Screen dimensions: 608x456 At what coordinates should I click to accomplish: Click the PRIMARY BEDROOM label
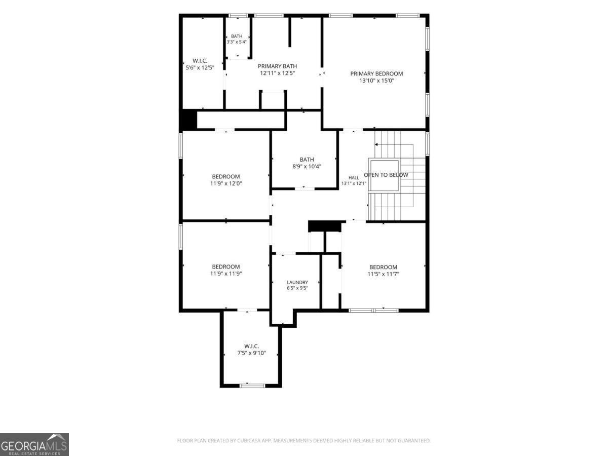[x=376, y=73]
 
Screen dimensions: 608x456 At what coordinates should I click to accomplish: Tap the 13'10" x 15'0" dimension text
[x=376, y=81]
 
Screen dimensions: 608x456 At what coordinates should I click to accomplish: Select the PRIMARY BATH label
[x=277, y=66]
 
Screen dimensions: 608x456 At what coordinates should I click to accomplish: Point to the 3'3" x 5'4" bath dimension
[x=237, y=42]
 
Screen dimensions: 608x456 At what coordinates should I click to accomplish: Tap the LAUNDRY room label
[x=297, y=282]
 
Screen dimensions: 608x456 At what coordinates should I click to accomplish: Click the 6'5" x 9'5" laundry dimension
[x=297, y=288]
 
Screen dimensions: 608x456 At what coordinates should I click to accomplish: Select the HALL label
[x=354, y=178]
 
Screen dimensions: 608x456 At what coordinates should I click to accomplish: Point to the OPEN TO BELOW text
[x=386, y=175]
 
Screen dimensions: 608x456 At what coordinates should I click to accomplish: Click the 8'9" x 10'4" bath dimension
[x=307, y=166]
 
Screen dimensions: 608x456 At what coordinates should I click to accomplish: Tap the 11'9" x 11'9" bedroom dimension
[x=226, y=274]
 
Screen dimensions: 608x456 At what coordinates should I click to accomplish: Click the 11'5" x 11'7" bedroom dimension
[x=383, y=274]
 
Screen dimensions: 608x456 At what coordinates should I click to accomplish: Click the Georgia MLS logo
[x=34, y=444]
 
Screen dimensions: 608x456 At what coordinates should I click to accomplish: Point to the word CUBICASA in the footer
[x=248, y=440]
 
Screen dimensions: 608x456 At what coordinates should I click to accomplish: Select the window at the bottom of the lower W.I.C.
[x=252, y=386]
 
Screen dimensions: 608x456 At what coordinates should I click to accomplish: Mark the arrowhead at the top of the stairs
[x=376, y=144]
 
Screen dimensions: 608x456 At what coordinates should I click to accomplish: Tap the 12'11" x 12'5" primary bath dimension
[x=277, y=73]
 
